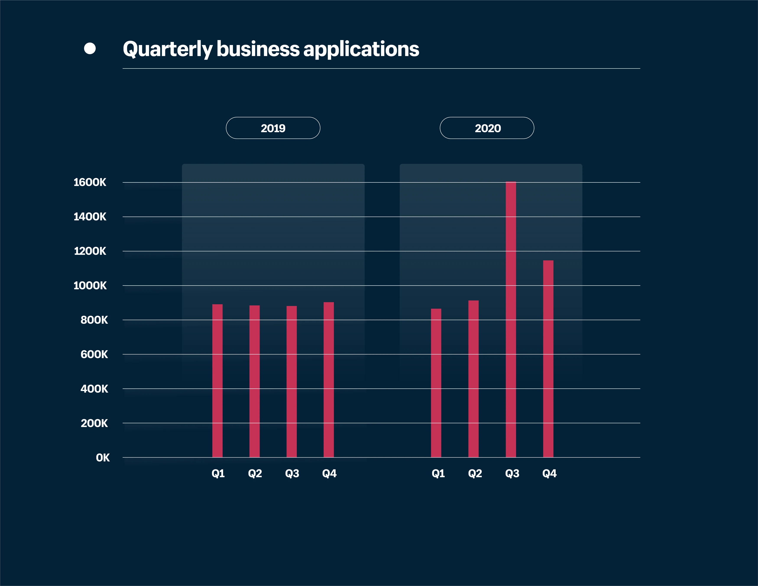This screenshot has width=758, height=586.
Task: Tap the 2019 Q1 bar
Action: point(217,381)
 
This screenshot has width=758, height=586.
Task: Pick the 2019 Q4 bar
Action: point(329,380)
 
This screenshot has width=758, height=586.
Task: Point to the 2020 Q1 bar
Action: point(436,383)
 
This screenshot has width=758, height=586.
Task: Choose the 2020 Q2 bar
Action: point(473,379)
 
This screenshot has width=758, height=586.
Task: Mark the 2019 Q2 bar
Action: point(254,381)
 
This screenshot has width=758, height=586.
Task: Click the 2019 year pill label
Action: point(273,128)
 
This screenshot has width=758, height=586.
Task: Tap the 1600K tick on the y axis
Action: point(90,182)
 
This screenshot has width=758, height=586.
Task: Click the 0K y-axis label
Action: point(103,458)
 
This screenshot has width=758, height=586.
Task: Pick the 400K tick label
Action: point(94,389)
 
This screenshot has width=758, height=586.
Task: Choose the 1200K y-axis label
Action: point(90,251)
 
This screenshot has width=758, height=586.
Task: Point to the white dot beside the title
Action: point(90,49)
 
